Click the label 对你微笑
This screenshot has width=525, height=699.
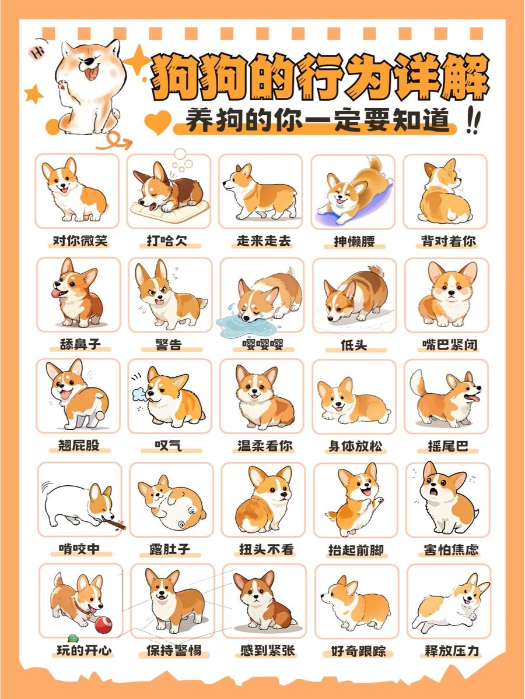(80, 241)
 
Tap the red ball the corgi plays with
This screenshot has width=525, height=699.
(103, 625)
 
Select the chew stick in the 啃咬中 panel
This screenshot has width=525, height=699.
(114, 523)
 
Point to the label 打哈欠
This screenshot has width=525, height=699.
(167, 241)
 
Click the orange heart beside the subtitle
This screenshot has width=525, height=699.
(157, 122)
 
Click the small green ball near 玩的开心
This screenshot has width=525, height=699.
(73, 638)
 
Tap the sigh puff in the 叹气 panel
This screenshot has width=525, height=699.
(139, 394)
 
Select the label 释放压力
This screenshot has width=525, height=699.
(452, 651)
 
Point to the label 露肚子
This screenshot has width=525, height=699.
(170, 549)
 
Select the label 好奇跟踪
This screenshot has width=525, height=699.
(358, 651)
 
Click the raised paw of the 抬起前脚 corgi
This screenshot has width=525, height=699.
(379, 501)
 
